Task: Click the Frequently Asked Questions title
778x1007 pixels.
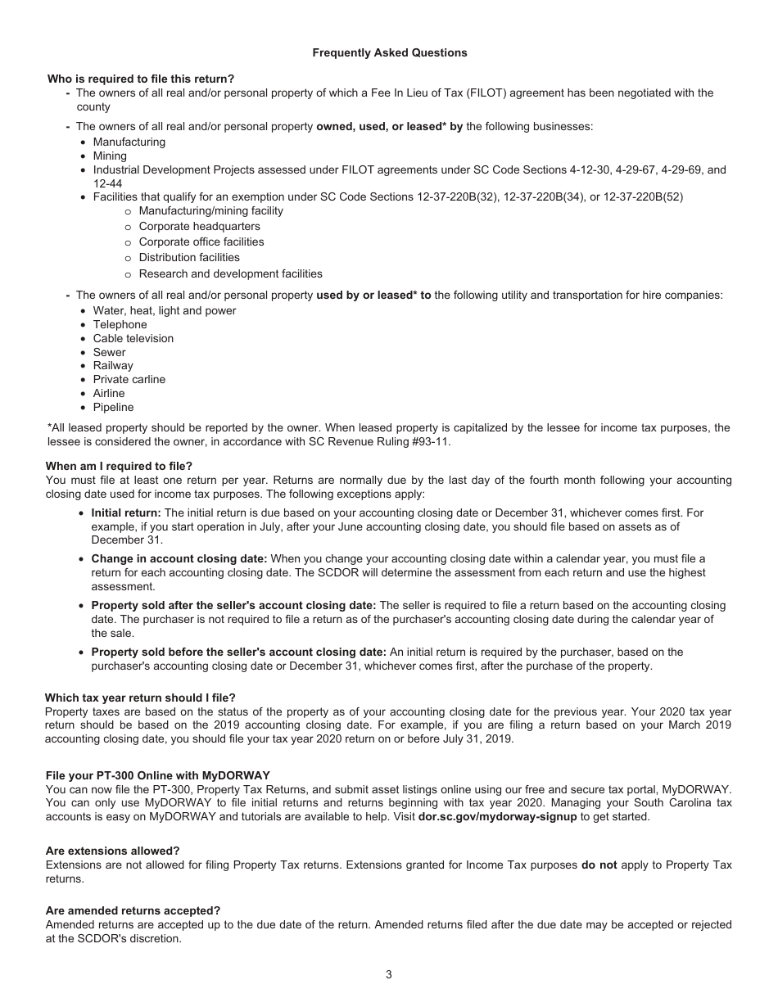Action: click(389, 52)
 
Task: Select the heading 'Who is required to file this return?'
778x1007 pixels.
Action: click(141, 79)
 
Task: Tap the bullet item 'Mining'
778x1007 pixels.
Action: click(110, 156)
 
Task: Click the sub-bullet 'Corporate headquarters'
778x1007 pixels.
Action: click(199, 226)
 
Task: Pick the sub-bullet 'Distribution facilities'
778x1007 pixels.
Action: click(189, 257)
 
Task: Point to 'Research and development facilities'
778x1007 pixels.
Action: click(230, 273)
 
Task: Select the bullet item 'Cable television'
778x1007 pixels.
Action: click(133, 338)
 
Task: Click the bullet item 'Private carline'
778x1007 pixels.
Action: click(129, 379)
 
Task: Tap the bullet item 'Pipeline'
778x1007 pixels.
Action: click(113, 407)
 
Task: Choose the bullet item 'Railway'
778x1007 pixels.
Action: click(113, 365)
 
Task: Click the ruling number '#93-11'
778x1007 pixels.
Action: click(432, 441)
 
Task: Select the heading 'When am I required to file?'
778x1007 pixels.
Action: click(119, 466)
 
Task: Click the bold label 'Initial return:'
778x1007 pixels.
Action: click(126, 513)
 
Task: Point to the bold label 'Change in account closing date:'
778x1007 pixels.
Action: click(179, 558)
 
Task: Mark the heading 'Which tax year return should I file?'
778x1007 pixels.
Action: click(140, 698)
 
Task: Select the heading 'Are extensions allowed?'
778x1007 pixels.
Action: click(112, 851)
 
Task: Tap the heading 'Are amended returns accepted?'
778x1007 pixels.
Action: click(133, 910)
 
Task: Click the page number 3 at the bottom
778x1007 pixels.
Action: click(389, 974)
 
